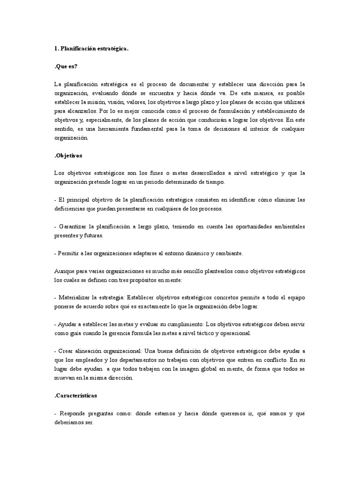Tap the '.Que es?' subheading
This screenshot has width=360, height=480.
tap(66, 66)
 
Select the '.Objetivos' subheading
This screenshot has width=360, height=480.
tap(68, 155)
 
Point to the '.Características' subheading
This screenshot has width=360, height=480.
tap(75, 395)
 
